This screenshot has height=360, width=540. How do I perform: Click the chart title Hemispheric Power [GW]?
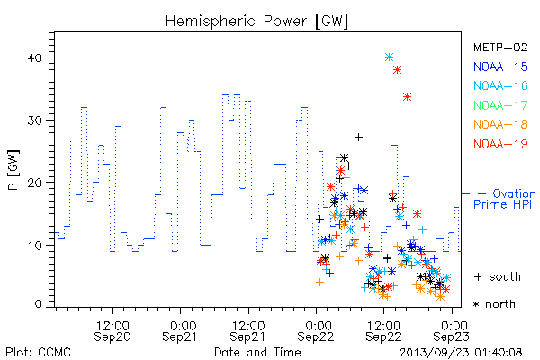[x=256, y=22]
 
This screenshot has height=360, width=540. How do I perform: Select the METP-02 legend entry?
[x=500, y=47]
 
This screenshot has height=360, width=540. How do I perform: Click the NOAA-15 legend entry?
[x=500, y=67]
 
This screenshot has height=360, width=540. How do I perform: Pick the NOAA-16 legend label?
[x=500, y=85]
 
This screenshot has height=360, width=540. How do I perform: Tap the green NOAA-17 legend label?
[x=500, y=105]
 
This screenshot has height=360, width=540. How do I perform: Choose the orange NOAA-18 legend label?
[x=500, y=124]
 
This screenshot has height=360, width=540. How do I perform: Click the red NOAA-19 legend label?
[x=500, y=144]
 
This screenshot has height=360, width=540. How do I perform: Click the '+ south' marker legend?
[x=498, y=276]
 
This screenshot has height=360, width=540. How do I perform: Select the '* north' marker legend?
[x=494, y=304]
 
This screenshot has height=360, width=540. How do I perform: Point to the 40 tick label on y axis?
[x=34, y=58]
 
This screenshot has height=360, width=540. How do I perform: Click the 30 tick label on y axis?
[x=34, y=121]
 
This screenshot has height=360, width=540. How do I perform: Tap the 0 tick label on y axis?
[x=38, y=304]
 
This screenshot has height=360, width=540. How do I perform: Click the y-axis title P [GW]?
[x=14, y=170]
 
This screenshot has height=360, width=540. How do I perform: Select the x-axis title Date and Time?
[x=257, y=352]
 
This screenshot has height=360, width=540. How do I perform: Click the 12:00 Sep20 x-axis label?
[x=112, y=331]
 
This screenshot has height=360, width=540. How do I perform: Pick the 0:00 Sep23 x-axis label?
[x=451, y=331]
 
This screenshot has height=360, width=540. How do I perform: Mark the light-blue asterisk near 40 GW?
[x=389, y=58]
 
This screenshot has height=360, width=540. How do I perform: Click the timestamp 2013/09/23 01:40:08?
[x=461, y=353]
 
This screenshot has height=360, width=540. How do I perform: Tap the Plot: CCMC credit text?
[x=38, y=353]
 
